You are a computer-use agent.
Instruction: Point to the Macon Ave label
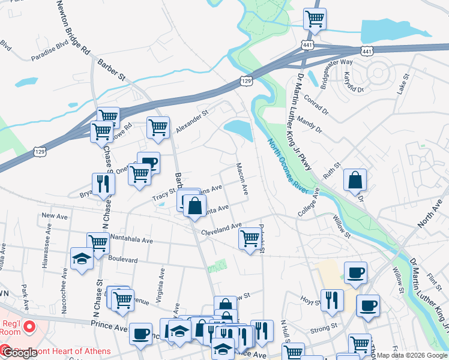pyautogui.click(x=242, y=179)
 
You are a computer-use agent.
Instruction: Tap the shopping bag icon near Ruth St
pyautogui.click(x=355, y=179)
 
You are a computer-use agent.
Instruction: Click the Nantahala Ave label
pyautogui.click(x=131, y=240)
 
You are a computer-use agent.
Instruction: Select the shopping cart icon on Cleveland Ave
pyautogui.click(x=250, y=238)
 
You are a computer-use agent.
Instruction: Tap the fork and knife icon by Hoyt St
pyautogui.click(x=331, y=300)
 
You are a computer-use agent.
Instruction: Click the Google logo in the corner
pyautogui.click(x=19, y=353)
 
